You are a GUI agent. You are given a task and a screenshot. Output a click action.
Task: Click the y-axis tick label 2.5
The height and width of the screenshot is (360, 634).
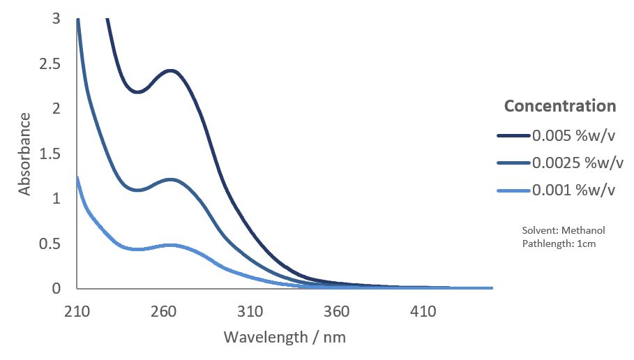(51, 64)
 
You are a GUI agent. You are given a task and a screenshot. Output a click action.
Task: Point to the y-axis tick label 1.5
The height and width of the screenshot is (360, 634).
(51, 154)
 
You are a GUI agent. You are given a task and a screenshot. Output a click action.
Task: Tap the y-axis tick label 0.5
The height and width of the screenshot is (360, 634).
(51, 244)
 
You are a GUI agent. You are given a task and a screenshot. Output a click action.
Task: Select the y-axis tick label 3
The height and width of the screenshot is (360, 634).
(56, 19)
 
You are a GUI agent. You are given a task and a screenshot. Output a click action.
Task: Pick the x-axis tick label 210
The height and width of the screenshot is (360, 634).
(77, 311)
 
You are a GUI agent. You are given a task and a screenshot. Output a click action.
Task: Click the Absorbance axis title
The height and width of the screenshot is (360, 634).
(25, 153)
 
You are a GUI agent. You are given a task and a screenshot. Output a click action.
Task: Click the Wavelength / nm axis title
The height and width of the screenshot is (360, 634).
(285, 337)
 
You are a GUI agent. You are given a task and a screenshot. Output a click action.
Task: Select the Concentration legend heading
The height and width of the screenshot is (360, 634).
(560, 106)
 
